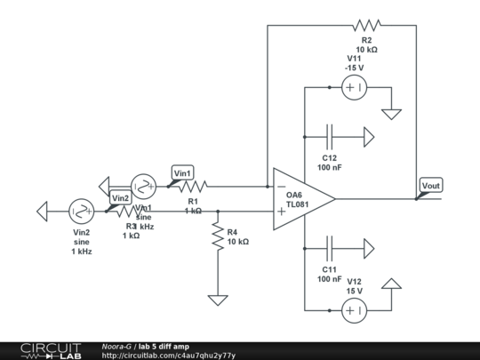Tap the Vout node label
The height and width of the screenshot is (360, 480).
(430, 186)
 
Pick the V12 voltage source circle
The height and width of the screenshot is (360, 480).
(353, 310)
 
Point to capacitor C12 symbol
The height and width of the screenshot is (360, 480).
(331, 137)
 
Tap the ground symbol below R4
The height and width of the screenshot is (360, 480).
(216, 300)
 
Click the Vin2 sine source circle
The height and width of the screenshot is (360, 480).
(82, 211)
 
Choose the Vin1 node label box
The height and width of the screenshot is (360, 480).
(181, 172)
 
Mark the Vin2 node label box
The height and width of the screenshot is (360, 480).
(120, 197)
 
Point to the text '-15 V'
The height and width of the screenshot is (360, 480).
(356, 68)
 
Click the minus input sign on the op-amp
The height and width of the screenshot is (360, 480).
(281, 188)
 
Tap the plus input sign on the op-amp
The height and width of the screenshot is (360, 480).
(281, 212)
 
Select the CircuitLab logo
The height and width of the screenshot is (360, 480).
(42, 350)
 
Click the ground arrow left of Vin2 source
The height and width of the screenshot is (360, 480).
(43, 212)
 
